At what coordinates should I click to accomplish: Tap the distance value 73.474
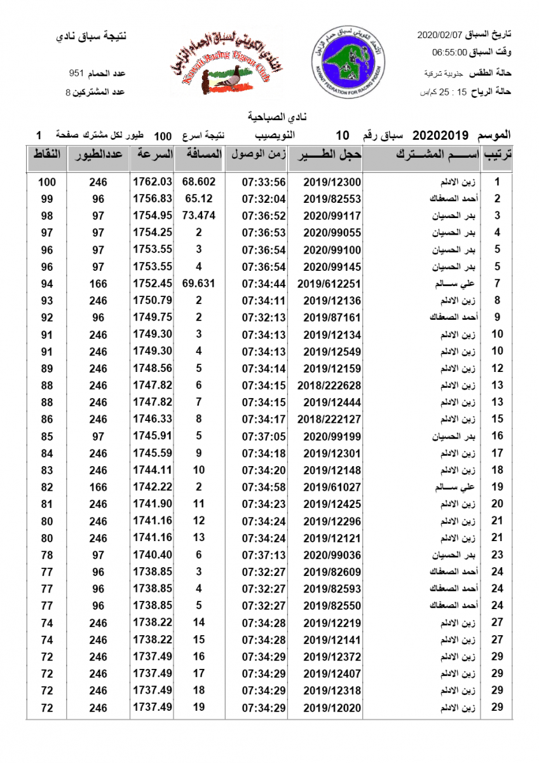click(x=199, y=216)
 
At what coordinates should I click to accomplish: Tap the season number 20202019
click(x=440, y=135)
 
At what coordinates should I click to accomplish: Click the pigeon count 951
click(x=76, y=74)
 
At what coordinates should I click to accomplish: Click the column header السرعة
click(x=153, y=155)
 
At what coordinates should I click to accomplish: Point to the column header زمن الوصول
click(x=257, y=155)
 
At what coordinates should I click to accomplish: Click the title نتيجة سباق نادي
click(x=92, y=36)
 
